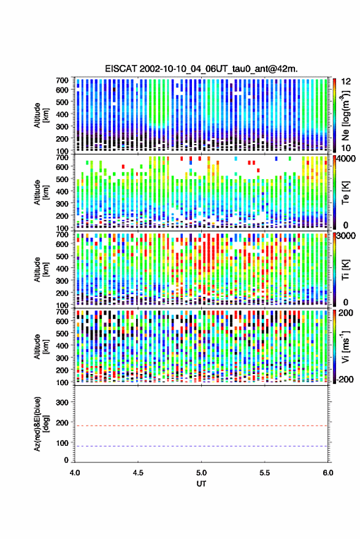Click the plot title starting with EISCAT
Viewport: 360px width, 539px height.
[x=201, y=69]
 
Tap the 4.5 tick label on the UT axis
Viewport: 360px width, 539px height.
[x=138, y=473]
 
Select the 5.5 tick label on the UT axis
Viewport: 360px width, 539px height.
[x=264, y=473]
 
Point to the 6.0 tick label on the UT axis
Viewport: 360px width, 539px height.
[x=327, y=473]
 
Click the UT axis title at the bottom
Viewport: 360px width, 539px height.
[x=201, y=484]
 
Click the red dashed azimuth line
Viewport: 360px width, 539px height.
[x=201, y=426]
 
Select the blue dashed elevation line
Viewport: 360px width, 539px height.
[x=201, y=446]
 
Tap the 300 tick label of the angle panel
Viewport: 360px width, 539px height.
[x=62, y=402]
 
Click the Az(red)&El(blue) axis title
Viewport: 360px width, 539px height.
[x=41, y=424]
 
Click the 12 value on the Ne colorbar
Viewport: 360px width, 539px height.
[x=347, y=81]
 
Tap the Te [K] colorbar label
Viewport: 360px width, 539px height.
[x=345, y=193]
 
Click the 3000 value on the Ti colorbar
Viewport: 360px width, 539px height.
[x=347, y=235]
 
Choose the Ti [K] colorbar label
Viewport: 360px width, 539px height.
[x=345, y=270]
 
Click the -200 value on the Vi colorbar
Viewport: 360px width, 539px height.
[x=345, y=379]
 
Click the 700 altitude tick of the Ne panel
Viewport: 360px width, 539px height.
[x=62, y=80]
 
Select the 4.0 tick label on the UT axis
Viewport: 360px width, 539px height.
[x=75, y=473]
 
